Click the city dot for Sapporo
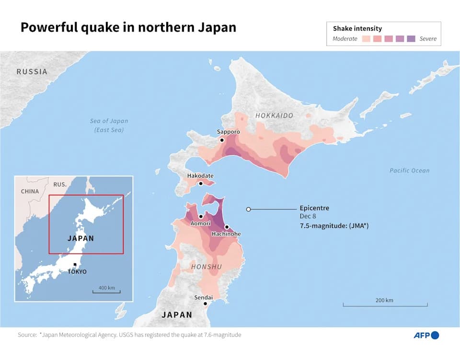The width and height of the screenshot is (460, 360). (222, 140)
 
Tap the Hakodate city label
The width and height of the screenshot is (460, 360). (200, 176)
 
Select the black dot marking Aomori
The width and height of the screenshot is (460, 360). (200, 216)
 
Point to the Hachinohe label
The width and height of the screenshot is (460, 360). (226, 234)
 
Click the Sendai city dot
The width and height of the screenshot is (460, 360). (205, 304)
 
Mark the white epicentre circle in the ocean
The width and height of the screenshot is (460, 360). (248, 209)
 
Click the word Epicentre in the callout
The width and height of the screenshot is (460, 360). (314, 208)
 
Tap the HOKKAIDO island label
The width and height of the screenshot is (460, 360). (274, 116)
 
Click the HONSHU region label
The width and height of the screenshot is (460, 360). (207, 267)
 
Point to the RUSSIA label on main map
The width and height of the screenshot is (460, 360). (32, 72)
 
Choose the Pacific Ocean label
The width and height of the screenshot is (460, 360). (409, 170)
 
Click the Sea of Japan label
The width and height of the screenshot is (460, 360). (109, 121)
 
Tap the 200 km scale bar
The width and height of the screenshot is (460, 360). (385, 305)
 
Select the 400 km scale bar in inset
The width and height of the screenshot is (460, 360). (106, 292)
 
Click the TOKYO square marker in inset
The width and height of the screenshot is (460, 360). (75, 265)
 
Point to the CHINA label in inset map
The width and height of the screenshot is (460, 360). (30, 191)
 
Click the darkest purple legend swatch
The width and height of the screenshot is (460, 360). (411, 39)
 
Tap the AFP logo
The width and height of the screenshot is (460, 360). (426, 335)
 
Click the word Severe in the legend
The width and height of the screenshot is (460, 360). (428, 39)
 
